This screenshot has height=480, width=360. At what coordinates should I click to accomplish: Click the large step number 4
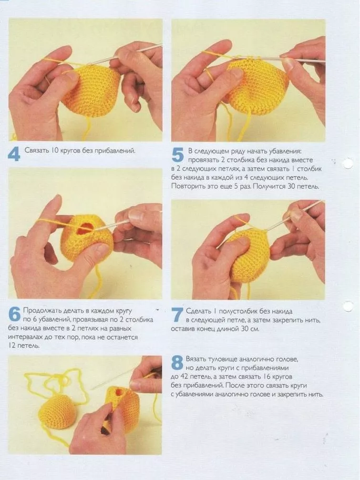[14, 154]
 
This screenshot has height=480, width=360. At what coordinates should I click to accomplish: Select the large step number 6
[14, 315]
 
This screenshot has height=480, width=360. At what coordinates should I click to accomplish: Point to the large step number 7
[177, 315]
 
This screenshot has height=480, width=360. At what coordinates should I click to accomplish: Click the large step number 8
[177, 363]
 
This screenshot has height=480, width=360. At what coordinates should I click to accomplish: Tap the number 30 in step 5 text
[292, 186]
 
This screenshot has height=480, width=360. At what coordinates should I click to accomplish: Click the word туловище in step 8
[222, 359]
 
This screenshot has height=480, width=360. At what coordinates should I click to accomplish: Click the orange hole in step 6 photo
[84, 227]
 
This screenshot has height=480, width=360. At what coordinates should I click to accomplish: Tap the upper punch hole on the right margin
[348, 163]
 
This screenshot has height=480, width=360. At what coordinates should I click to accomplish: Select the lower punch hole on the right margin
[348, 306]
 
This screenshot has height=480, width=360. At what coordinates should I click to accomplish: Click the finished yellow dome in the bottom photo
[57, 411]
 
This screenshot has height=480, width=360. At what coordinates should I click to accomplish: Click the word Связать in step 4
[36, 151]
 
